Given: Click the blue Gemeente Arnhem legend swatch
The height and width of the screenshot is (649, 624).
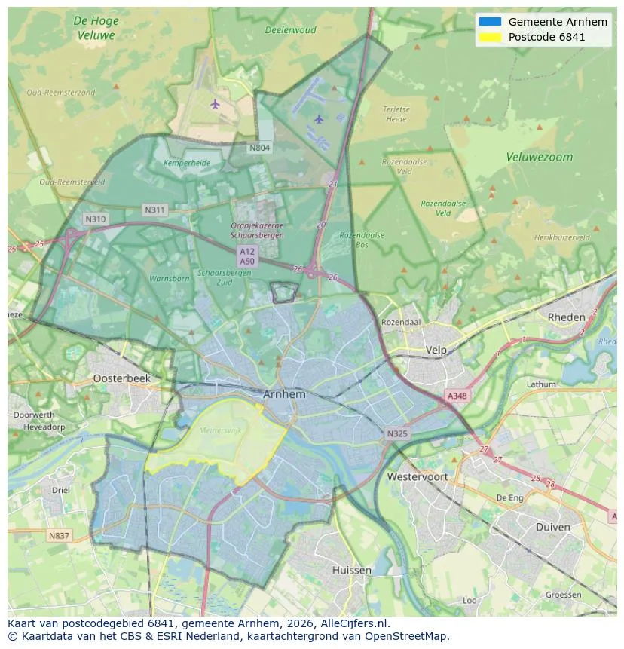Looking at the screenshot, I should [x=490, y=22].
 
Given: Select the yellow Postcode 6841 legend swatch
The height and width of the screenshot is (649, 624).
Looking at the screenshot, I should [x=490, y=37].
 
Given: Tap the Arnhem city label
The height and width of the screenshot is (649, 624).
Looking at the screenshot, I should [x=284, y=394].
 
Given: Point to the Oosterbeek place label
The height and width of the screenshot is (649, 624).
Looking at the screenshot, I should [x=121, y=378].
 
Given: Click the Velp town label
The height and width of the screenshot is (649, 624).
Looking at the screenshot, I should [x=436, y=350].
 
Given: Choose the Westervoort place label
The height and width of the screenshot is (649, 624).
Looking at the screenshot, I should [x=417, y=476].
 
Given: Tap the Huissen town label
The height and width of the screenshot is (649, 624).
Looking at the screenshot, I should [x=351, y=570].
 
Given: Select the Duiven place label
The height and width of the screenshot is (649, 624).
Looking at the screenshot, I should [x=552, y=527].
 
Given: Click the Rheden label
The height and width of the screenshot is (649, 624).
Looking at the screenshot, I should [x=566, y=317].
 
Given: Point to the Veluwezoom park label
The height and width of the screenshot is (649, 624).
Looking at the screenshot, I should [x=539, y=158].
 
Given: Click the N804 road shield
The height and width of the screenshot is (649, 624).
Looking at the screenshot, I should [x=259, y=148].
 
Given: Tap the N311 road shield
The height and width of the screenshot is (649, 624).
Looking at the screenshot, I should [x=155, y=210].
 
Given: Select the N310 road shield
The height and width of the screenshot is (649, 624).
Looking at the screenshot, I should [x=96, y=219].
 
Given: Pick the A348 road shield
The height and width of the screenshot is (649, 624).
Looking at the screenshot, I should [x=457, y=395].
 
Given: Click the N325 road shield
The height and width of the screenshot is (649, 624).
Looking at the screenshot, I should [x=396, y=433].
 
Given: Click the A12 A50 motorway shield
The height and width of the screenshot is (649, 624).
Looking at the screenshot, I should [x=246, y=256].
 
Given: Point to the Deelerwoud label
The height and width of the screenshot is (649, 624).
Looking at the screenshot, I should [x=290, y=30].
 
